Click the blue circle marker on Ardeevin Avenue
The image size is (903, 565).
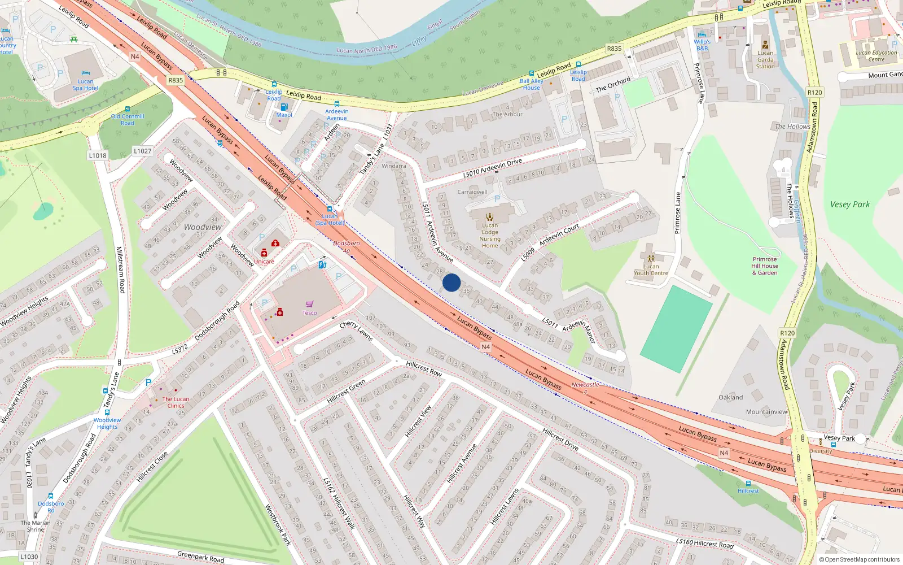(451, 282)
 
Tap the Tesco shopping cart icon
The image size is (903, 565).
(309, 305)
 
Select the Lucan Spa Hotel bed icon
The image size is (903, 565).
(85, 73)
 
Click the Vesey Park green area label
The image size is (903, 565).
(849, 205)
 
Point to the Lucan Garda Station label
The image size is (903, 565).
(765, 60)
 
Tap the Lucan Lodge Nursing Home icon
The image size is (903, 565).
(490, 216)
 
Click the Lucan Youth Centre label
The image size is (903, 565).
(651, 270)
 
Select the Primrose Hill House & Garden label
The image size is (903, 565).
(765, 266)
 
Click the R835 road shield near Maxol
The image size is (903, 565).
(176, 80)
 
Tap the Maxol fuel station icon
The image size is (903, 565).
(284, 107)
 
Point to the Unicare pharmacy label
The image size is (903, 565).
(264, 262)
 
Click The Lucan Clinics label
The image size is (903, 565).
(176, 402)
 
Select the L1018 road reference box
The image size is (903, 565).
(98, 155)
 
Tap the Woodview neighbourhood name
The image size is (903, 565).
(203, 227)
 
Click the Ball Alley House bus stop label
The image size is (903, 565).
(531, 84)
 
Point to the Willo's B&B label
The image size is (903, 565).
(702, 45)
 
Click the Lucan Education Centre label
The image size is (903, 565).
(876, 56)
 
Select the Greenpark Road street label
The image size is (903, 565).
(200, 557)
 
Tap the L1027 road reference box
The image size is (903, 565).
(143, 151)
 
